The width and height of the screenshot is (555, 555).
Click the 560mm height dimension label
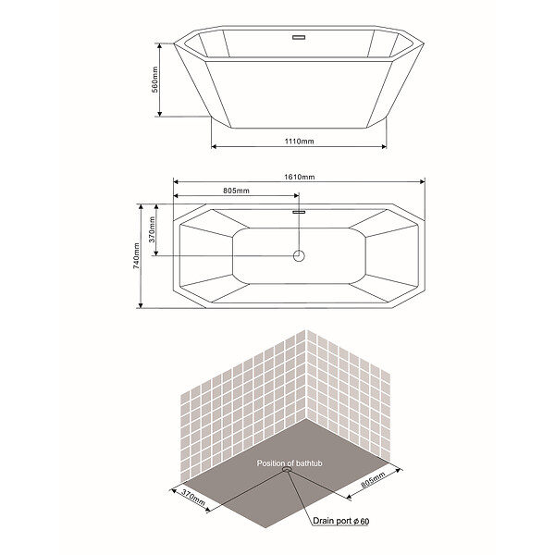[x=154, y=80]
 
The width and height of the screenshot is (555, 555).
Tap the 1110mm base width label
[x=300, y=142]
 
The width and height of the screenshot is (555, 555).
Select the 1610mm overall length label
[x=300, y=177]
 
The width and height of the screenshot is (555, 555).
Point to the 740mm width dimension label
[x=136, y=255]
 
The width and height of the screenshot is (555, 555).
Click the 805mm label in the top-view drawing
[x=236, y=191]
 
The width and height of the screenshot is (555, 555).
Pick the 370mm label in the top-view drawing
[x=152, y=229]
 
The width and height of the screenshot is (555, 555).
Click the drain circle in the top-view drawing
[x=299, y=255]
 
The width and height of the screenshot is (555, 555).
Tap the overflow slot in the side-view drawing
[x=299, y=37]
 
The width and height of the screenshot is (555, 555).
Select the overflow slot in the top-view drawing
[x=299, y=212]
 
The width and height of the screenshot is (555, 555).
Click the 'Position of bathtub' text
[x=290, y=463]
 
